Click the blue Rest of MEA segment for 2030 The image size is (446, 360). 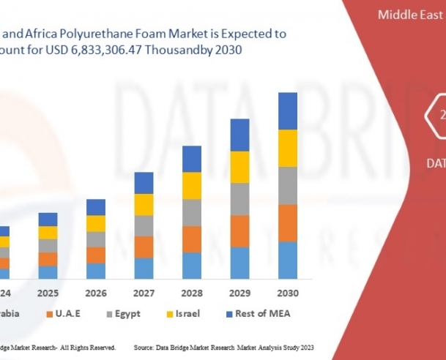288,110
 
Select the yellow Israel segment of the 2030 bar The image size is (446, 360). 288,148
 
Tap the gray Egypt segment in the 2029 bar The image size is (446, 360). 240,199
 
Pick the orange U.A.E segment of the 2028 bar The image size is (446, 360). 192,239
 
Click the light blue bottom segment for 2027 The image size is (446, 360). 144,268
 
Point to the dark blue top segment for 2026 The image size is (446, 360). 96,207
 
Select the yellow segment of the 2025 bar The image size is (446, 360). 48,233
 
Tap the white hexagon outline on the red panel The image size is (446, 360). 436,116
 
